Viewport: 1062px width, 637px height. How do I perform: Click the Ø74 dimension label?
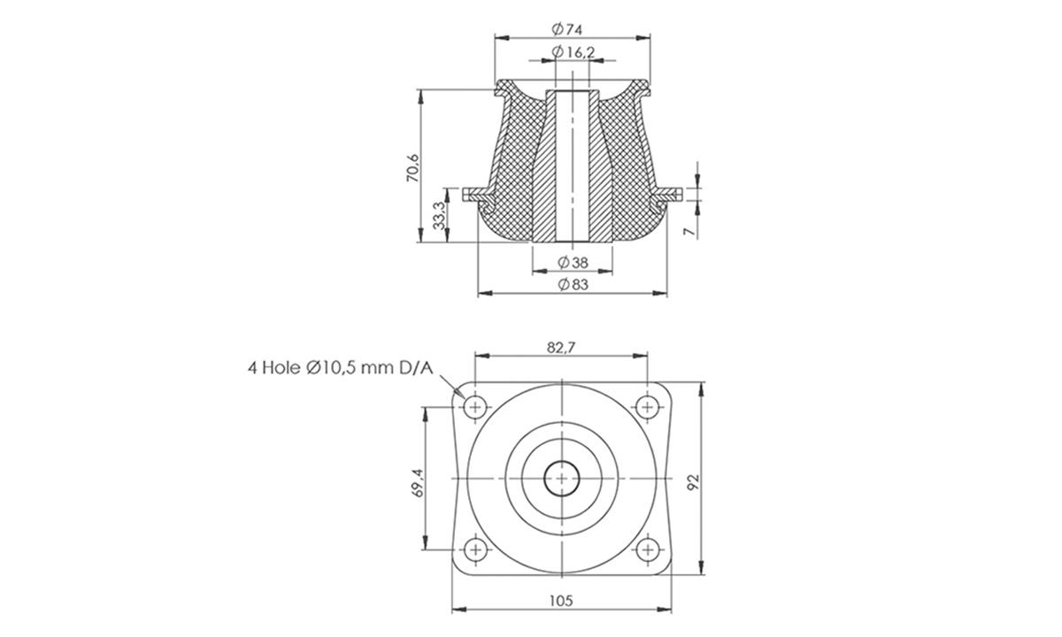pos(567,29)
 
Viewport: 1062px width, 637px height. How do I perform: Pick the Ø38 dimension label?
pos(573,262)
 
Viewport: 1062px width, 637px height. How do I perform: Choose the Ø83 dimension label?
pos(573,285)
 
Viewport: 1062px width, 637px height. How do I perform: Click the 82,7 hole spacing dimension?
pos(561,348)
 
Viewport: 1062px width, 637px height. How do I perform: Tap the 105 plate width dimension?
pos(561,600)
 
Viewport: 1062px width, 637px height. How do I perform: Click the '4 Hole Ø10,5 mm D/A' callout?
pos(340,368)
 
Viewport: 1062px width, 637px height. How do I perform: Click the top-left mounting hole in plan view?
pos(476,407)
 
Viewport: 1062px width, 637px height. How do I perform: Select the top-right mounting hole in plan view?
pos(647,407)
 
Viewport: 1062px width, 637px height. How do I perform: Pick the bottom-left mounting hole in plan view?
pos(476,549)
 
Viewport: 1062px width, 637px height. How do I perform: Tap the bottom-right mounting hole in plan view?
pos(647,549)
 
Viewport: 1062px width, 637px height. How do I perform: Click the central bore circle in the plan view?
pos(562,479)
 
